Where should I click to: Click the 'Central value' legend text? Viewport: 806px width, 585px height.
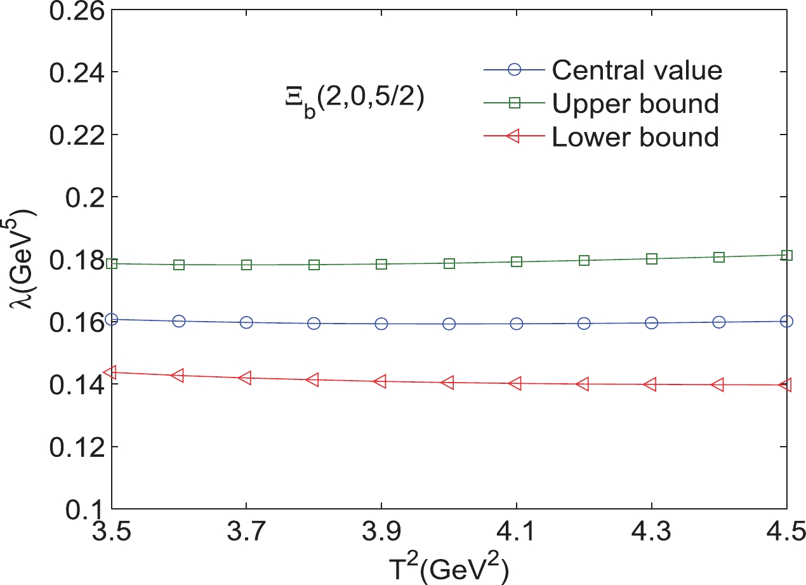pyautogui.click(x=637, y=70)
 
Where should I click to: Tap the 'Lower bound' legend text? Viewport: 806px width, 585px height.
pyautogui.click(x=635, y=136)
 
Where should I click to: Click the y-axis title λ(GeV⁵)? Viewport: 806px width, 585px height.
pyautogui.click(x=21, y=261)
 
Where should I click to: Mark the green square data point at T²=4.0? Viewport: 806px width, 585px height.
pyautogui.click(x=449, y=263)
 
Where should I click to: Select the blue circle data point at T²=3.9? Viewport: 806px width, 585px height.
pyautogui.click(x=381, y=324)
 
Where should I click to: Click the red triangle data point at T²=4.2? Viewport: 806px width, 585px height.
pyautogui.click(x=584, y=384)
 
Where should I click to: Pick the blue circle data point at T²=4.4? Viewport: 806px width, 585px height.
pyautogui.click(x=719, y=322)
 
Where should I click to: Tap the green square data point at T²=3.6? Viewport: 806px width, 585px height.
pyautogui.click(x=179, y=265)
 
